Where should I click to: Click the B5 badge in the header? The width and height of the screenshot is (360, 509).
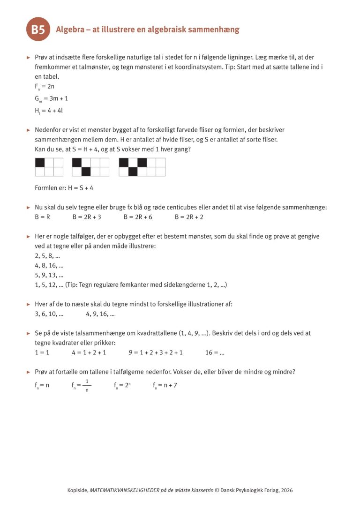pyautogui.click(x=38, y=30)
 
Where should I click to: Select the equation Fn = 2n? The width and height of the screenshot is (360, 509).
pyautogui.click(x=45, y=87)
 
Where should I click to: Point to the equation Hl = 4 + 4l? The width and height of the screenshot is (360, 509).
pyautogui.click(x=49, y=111)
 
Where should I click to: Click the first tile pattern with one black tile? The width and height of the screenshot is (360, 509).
pyautogui.click(x=49, y=167)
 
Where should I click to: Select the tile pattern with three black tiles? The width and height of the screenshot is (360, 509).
pyautogui.click(x=142, y=167)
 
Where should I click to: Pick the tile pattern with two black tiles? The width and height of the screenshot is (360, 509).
pyautogui.click(x=90, y=167)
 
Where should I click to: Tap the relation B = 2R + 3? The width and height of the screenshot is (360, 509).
pyautogui.click(x=87, y=217)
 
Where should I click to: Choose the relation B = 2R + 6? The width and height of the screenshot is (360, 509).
pyautogui.click(x=138, y=217)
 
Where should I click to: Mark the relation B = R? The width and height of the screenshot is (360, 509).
pyautogui.click(x=42, y=217)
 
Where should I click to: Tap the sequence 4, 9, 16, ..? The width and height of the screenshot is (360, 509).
pyautogui.click(x=100, y=314)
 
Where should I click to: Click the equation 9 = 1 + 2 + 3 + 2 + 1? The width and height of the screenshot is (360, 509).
pyautogui.click(x=156, y=352)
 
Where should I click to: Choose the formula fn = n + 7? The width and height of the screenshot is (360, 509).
pyautogui.click(x=165, y=386)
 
